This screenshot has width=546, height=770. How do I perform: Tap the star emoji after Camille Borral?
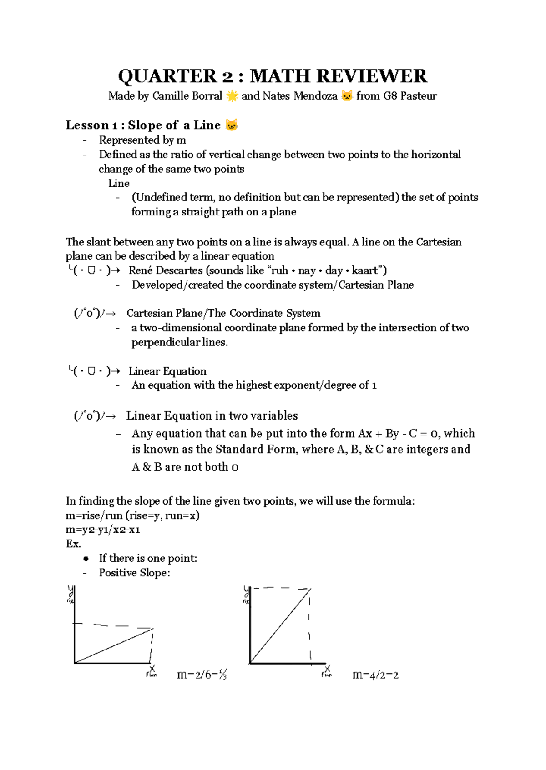pyautogui.click(x=232, y=96)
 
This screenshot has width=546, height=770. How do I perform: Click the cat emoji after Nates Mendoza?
pyautogui.click(x=347, y=96)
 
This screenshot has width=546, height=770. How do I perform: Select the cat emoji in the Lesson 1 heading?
pyautogui.click(x=232, y=125)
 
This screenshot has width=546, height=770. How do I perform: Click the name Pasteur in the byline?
pyautogui.click(x=419, y=96)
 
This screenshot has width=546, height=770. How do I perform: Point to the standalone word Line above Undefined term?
pyautogui.click(x=119, y=184)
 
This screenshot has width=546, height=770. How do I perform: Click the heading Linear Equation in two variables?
pyautogui.click(x=212, y=415)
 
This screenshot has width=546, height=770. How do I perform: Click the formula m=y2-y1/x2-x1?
pyautogui.click(x=103, y=530)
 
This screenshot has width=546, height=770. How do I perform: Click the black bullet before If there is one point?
pyautogui.click(x=86, y=559)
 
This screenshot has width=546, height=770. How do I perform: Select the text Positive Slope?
pyautogui.click(x=135, y=573)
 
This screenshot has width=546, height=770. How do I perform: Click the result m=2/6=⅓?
pyautogui.click(x=202, y=675)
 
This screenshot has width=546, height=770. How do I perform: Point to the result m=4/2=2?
pyautogui.click(x=375, y=675)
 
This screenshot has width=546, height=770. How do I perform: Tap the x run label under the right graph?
pyautogui.click(x=327, y=671)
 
